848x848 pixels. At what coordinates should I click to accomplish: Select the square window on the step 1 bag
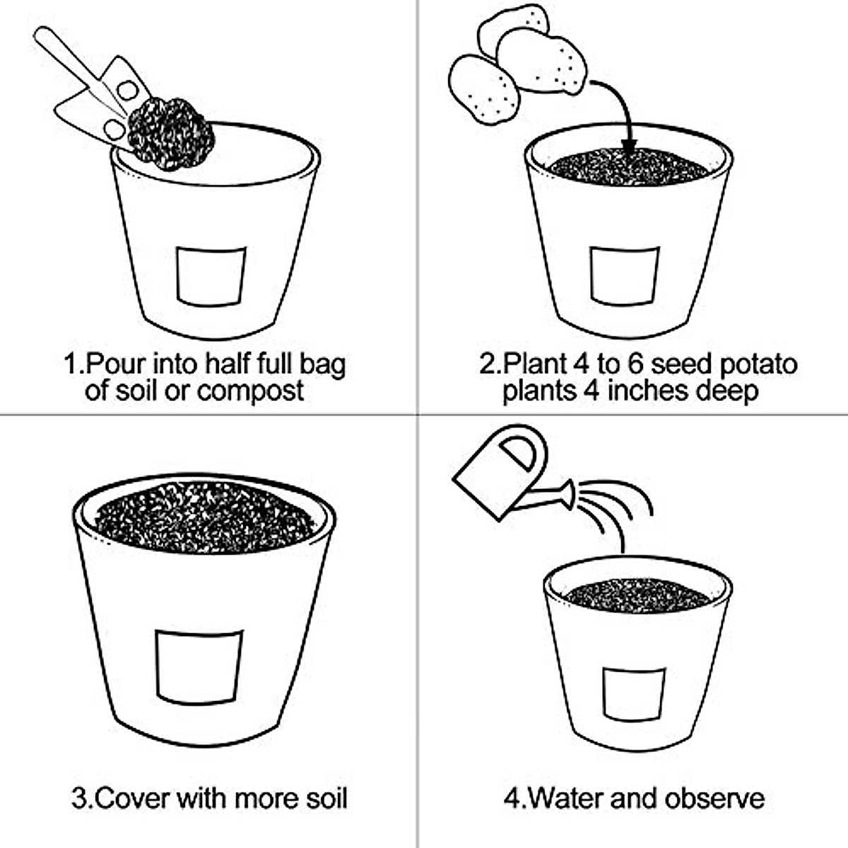(211, 276)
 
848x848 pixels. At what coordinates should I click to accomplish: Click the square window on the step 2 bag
(625, 276)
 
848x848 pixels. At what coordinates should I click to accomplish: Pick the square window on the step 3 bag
(199, 667)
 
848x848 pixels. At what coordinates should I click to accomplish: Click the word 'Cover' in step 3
(131, 799)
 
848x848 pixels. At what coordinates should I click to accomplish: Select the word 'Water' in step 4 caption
(565, 799)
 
